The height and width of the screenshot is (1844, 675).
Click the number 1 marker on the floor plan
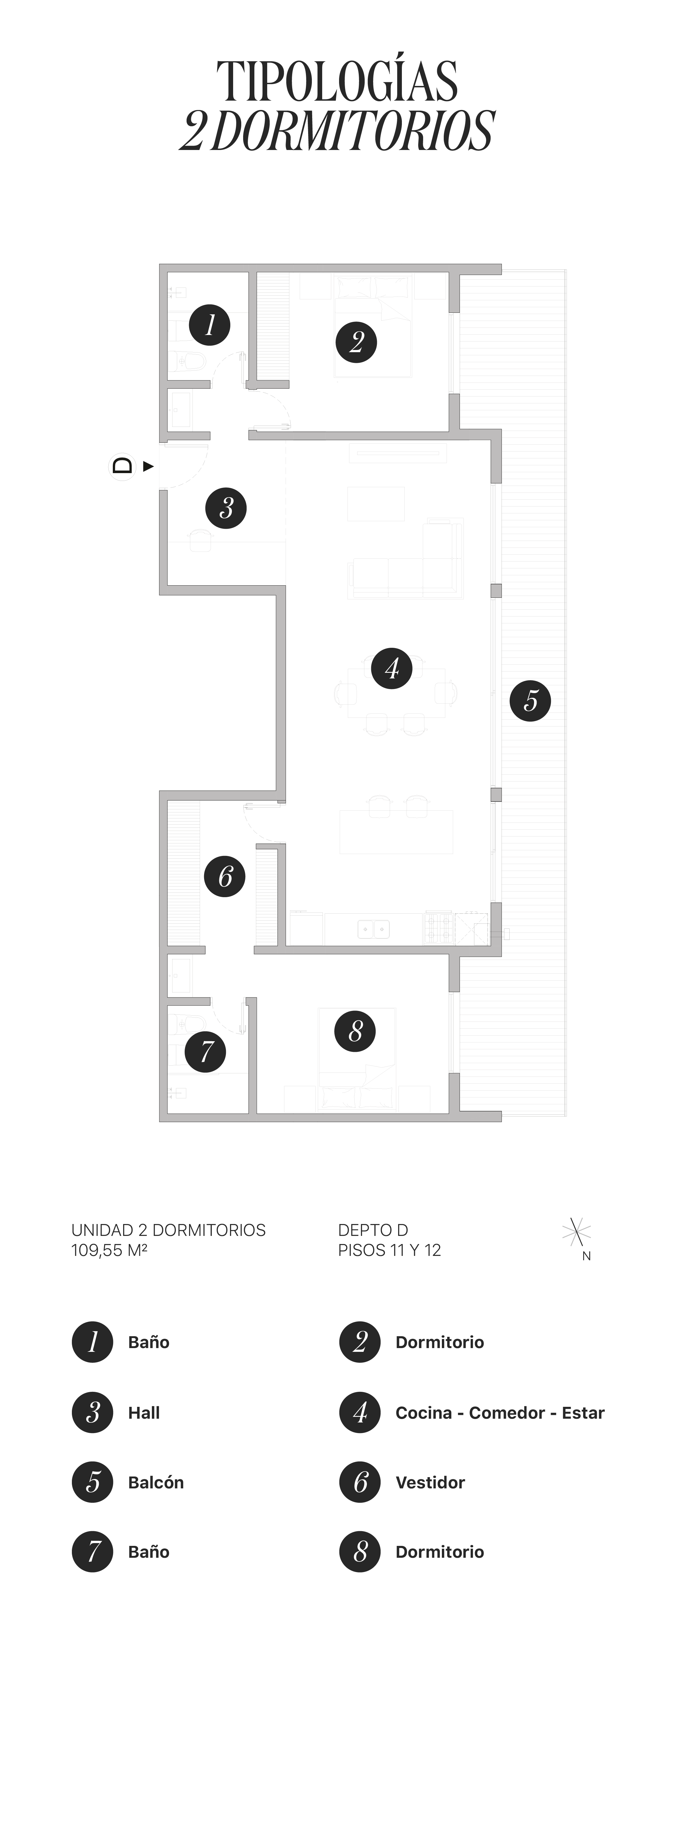click(x=209, y=325)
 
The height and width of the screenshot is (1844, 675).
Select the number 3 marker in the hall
click(x=226, y=508)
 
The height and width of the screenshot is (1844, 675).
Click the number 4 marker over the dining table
click(x=392, y=669)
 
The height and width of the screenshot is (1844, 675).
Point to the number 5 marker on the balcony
click(x=530, y=701)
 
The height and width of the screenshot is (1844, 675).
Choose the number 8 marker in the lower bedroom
click(x=355, y=1032)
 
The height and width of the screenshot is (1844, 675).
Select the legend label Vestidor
click(x=430, y=1482)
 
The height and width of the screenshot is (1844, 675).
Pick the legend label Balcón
click(x=155, y=1482)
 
